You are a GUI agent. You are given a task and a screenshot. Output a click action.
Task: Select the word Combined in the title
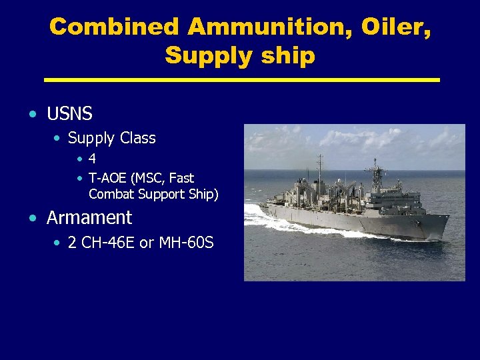115,27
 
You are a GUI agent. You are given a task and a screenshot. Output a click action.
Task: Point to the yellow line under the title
241,80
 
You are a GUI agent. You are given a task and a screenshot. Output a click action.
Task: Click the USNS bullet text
69,114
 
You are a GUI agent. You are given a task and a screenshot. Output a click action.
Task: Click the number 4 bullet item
92,159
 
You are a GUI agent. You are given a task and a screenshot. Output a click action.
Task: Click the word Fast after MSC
181,179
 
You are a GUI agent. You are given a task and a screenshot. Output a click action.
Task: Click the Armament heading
89,218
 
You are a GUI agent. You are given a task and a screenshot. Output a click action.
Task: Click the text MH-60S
186,243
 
